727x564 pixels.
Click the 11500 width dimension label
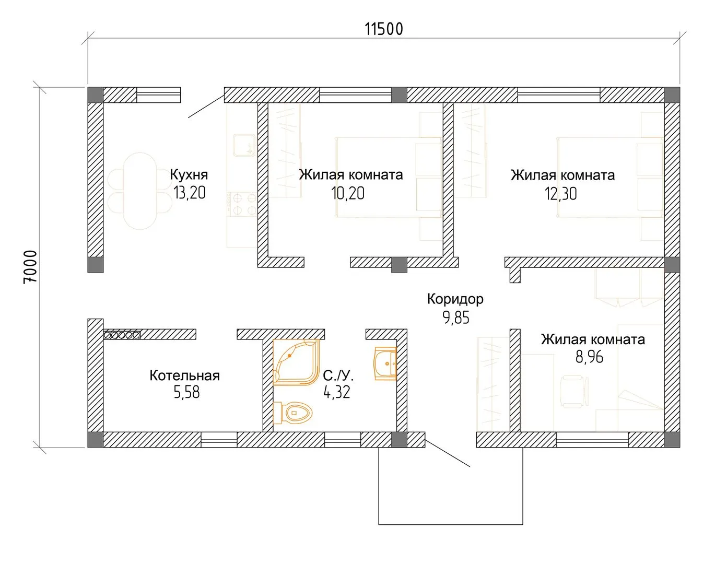(x=384, y=29)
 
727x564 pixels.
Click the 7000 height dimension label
(x=30, y=267)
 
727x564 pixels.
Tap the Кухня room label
(x=189, y=174)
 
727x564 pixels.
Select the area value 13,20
(x=190, y=193)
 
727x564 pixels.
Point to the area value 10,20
(x=348, y=193)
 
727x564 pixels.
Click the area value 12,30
(x=561, y=194)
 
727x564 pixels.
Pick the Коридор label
(x=455, y=299)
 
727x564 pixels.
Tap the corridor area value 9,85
(x=456, y=318)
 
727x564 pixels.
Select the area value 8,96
(x=589, y=357)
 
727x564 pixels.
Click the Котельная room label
(x=185, y=375)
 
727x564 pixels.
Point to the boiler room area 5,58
(x=186, y=392)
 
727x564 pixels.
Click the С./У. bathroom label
(x=338, y=375)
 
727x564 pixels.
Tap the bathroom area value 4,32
(x=336, y=392)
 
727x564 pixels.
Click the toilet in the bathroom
(x=293, y=413)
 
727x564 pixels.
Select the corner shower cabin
(x=296, y=362)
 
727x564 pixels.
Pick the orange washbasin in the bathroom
(x=385, y=363)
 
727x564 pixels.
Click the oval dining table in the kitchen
(x=140, y=191)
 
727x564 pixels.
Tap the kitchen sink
(x=244, y=145)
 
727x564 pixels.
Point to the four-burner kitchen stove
(x=242, y=204)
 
